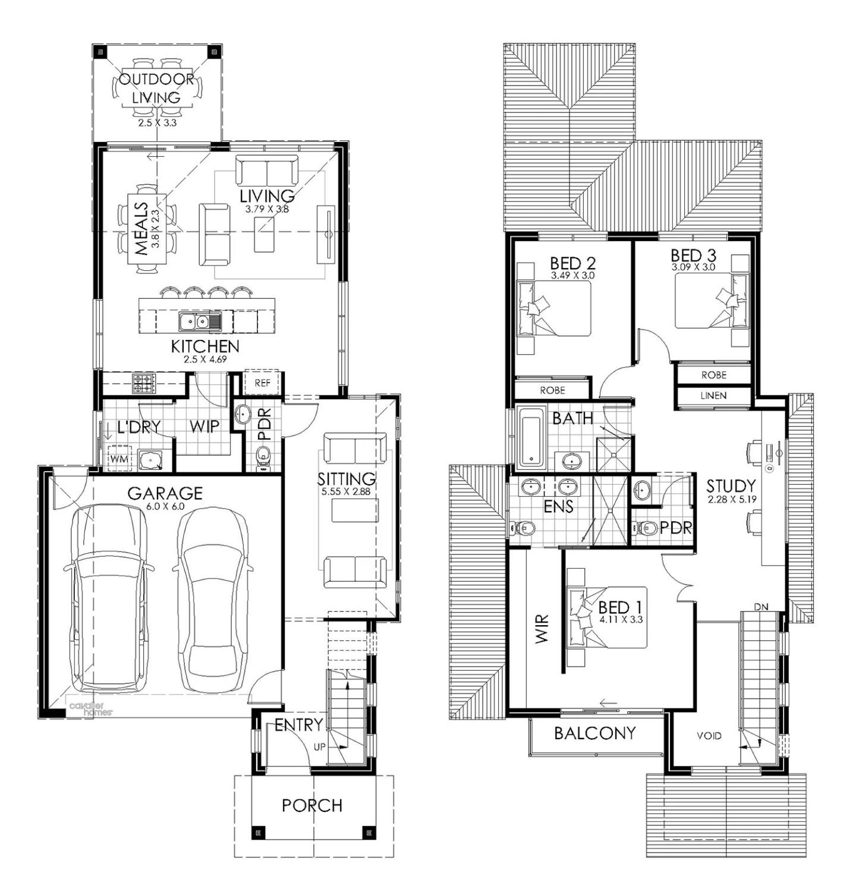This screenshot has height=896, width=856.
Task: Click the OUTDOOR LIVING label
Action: point(157,88)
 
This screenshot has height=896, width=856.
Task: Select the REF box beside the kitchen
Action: point(262,383)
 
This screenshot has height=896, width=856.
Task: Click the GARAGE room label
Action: point(165,493)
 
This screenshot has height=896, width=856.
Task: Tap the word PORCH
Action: point(312,805)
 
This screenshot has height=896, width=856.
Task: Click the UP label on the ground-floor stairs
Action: point(320,747)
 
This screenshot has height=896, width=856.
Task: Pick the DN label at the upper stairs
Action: point(761,607)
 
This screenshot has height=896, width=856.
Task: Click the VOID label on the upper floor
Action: point(709,736)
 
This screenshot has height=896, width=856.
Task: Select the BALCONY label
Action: point(595,733)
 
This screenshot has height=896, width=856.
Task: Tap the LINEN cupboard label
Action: point(713,395)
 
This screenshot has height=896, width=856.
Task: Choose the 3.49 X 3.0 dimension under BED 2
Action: point(572,276)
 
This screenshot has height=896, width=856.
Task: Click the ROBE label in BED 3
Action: point(713,375)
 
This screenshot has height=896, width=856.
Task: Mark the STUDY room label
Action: point(731,485)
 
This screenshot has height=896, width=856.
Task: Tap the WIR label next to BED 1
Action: point(542,629)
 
